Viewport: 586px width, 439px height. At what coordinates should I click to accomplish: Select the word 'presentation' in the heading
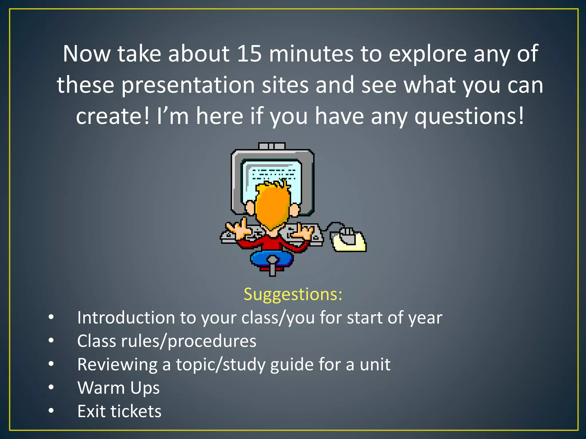[188, 85]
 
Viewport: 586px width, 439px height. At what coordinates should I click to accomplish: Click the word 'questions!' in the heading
[469, 116]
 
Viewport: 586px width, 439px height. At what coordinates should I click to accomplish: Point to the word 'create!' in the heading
[113, 116]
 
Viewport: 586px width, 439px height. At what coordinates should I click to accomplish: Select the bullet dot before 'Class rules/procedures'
[51, 341]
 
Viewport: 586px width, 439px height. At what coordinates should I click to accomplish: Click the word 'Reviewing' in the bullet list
[117, 364]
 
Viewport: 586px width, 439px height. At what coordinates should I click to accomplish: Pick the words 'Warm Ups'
[118, 388]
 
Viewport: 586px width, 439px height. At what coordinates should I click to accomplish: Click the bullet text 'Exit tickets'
[119, 411]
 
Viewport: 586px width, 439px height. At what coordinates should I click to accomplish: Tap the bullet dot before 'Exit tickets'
[51, 411]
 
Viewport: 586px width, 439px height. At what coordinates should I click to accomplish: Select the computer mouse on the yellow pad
[347, 236]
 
